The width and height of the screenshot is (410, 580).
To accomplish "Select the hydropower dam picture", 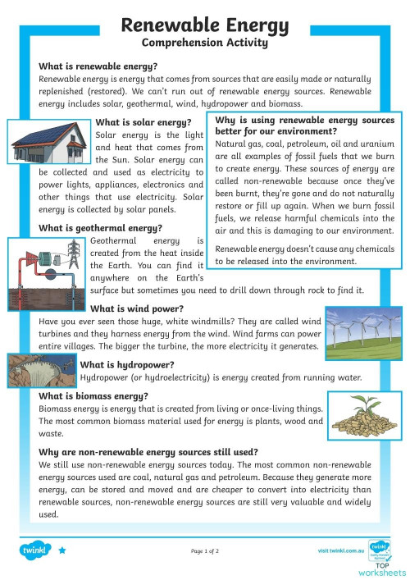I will [42, 371].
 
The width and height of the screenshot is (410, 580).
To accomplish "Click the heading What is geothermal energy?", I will [100, 227].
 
